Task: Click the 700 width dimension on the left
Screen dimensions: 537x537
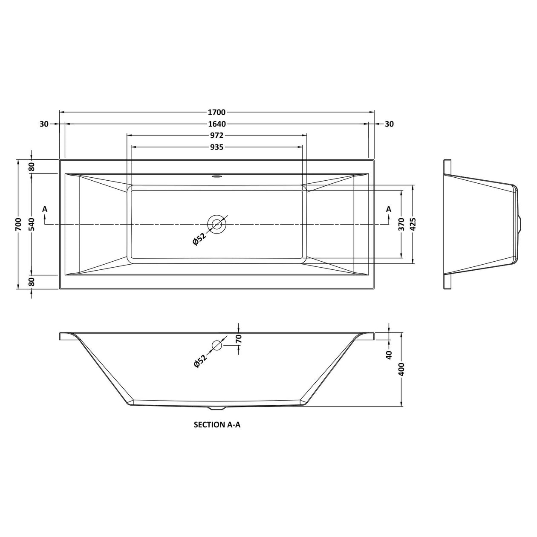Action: click(18, 224)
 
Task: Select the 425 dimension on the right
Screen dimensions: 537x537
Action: click(413, 224)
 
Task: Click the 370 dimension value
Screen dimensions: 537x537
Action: click(401, 224)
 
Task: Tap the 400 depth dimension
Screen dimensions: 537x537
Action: click(401, 369)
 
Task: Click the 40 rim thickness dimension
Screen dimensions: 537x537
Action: click(388, 355)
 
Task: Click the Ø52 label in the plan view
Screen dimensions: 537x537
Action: click(199, 239)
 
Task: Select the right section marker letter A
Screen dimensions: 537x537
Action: click(388, 209)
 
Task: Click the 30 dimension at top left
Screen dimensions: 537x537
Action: click(43, 124)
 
